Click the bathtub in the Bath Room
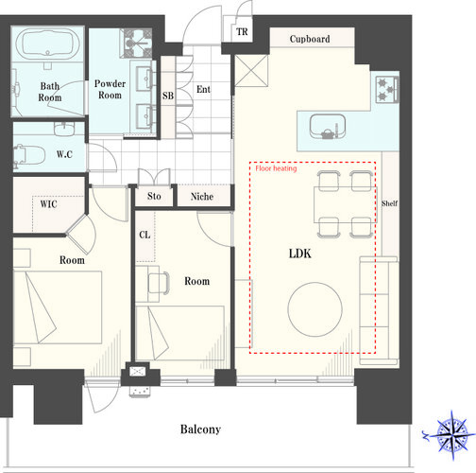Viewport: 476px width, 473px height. pos(47,44)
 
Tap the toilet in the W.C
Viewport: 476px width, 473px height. pos(29,155)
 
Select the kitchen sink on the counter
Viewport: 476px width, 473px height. pos(328,127)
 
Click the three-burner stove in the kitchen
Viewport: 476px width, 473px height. pos(387,89)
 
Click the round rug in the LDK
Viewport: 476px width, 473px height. pos(314,309)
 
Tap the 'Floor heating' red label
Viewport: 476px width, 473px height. pos(276,168)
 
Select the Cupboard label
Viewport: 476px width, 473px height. pos(310,39)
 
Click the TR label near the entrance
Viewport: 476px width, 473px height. pos(242,31)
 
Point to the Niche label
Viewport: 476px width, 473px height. pos(202,197)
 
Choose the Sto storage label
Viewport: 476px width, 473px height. pos(154,196)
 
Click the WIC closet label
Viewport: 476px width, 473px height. pos(48,204)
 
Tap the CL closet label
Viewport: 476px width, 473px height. pos(144,235)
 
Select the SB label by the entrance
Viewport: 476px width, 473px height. pos(168,96)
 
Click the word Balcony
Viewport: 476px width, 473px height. pos(200,429)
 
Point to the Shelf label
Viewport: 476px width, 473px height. pos(389,203)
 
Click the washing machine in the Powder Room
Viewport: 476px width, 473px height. pos(138,44)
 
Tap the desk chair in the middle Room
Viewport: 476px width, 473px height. pos(159,283)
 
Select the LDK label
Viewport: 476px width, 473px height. pos(300,254)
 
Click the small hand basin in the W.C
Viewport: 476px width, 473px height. pos(64,129)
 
